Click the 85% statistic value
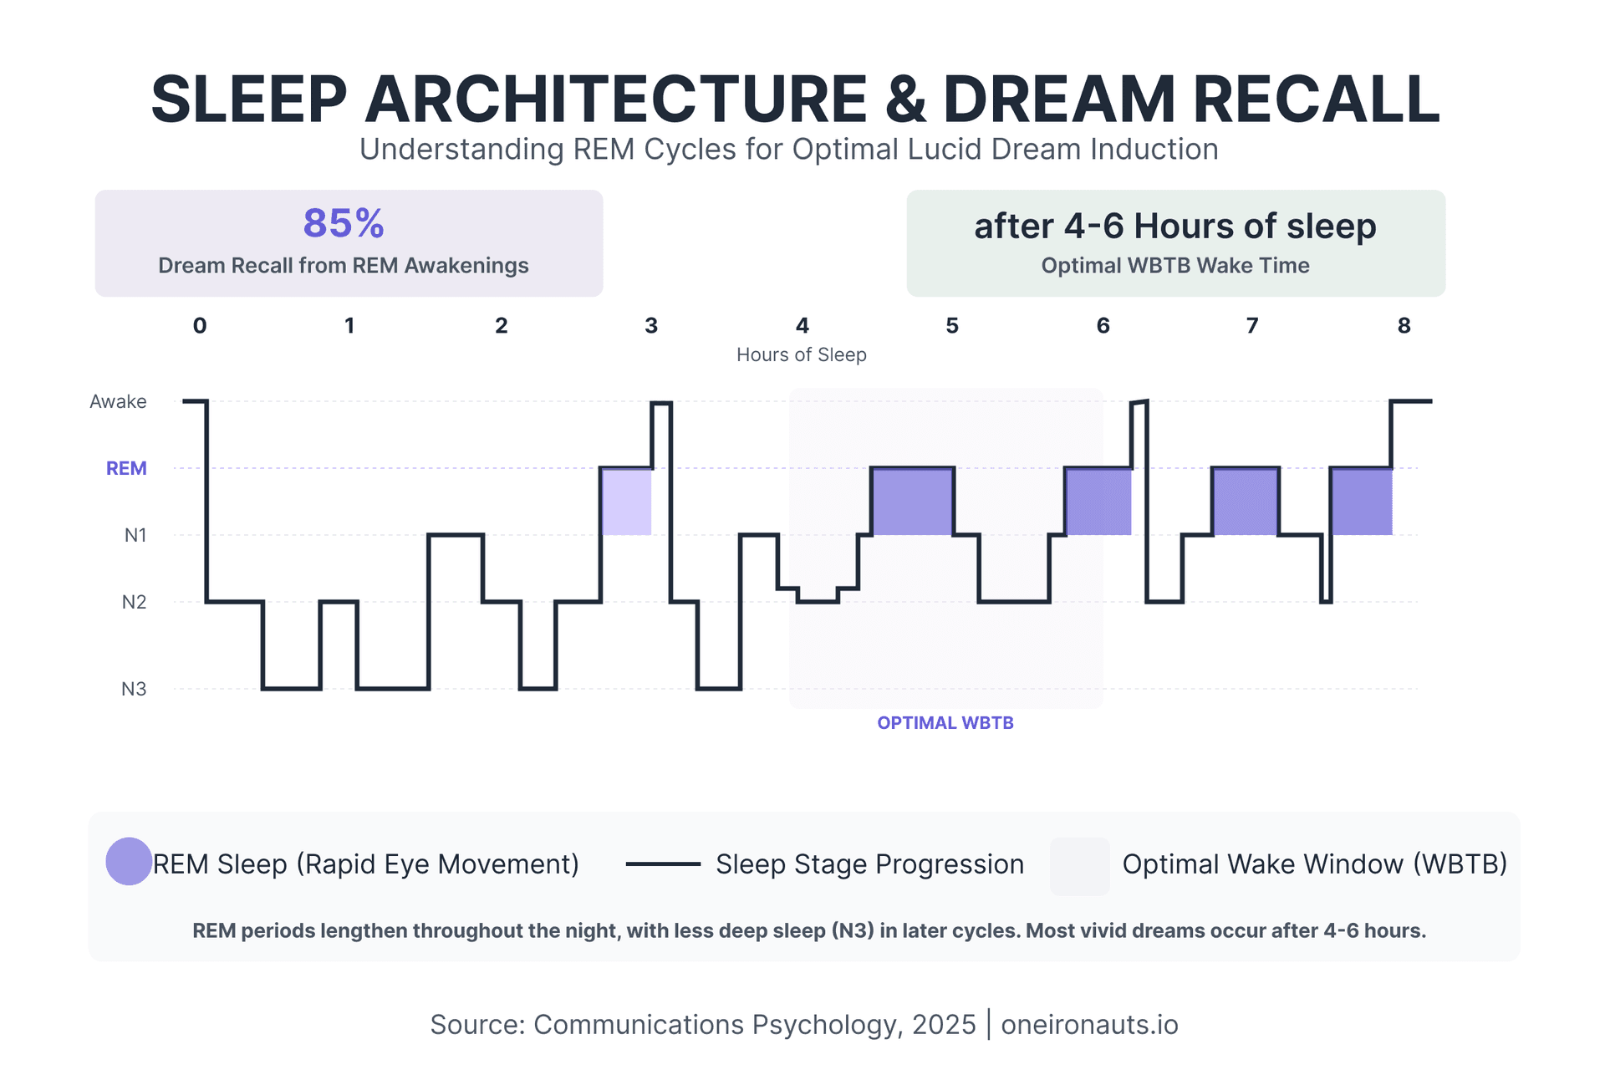click(344, 224)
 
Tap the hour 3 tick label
click(651, 326)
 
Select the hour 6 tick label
click(1103, 326)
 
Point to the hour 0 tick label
click(200, 326)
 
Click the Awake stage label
click(118, 402)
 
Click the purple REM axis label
click(126, 469)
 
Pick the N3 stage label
click(134, 689)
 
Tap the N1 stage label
click(135, 535)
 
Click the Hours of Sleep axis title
click(801, 355)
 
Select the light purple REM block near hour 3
click(626, 502)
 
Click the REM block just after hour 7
click(1245, 502)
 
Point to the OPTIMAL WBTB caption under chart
click(945, 723)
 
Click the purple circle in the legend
click(129, 861)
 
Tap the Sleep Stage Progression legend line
click(663, 864)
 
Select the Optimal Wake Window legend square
click(1079, 866)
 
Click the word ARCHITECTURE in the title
click(616, 99)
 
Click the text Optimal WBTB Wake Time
click(1174, 266)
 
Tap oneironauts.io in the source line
click(1089, 1025)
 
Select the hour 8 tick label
click(1404, 326)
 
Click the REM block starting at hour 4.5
click(912, 502)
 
